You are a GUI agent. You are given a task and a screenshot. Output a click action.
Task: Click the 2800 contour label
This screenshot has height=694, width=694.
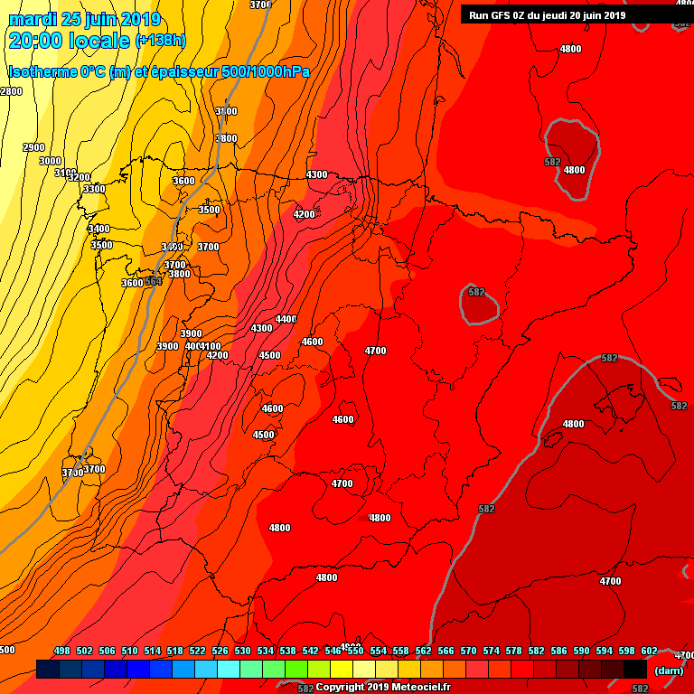[x=11, y=91]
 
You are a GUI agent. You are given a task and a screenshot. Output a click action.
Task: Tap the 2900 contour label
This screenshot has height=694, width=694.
[x=33, y=147]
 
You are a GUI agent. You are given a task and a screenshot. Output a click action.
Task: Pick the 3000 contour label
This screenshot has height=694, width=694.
[x=51, y=161]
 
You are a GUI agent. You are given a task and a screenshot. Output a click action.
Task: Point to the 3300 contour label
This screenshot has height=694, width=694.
[x=94, y=189]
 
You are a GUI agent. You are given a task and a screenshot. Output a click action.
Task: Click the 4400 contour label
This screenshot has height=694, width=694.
[x=286, y=319]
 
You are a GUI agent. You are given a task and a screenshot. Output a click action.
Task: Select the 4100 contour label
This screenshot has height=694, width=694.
[x=211, y=346]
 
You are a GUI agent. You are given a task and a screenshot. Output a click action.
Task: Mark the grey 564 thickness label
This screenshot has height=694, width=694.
[x=154, y=282]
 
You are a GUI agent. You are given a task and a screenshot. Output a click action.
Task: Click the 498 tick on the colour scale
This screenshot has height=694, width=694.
[x=62, y=651]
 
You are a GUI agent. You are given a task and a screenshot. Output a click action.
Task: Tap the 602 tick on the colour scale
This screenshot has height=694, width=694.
[x=649, y=651]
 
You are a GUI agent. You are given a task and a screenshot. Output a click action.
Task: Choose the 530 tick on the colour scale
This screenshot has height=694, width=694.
[x=243, y=651]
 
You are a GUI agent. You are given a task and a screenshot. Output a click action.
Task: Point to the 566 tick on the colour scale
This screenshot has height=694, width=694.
[x=445, y=651]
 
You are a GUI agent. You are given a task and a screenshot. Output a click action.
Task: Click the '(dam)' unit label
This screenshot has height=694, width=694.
[x=668, y=671]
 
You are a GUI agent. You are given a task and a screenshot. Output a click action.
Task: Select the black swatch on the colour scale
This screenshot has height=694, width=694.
[x=634, y=670]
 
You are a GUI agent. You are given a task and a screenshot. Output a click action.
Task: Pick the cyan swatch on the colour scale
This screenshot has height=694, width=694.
[x=229, y=670]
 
